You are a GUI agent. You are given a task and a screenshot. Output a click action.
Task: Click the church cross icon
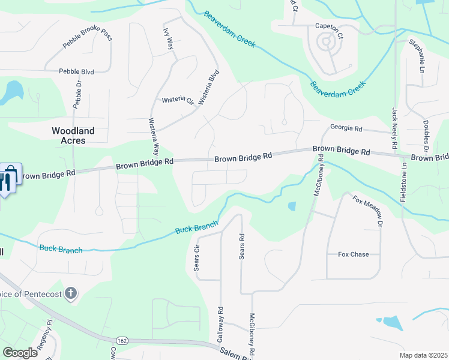(x=71, y=293)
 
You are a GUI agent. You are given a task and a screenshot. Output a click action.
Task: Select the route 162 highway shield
(x=122, y=341)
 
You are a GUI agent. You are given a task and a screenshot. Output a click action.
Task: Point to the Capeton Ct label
(x=329, y=27)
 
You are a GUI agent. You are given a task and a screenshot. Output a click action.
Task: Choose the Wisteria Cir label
(x=178, y=101)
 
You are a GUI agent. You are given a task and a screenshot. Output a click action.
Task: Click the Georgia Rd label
(x=346, y=128)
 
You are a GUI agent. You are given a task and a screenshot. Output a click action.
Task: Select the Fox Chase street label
(x=354, y=254)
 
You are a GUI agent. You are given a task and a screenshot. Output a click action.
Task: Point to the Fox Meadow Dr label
(x=367, y=211)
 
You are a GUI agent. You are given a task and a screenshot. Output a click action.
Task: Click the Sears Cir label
(x=196, y=257)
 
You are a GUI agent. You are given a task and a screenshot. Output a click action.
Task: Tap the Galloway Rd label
(x=221, y=325)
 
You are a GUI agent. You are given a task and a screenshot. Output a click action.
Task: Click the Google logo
(x=20, y=353)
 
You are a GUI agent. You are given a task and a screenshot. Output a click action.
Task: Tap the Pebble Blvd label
(x=76, y=71)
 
